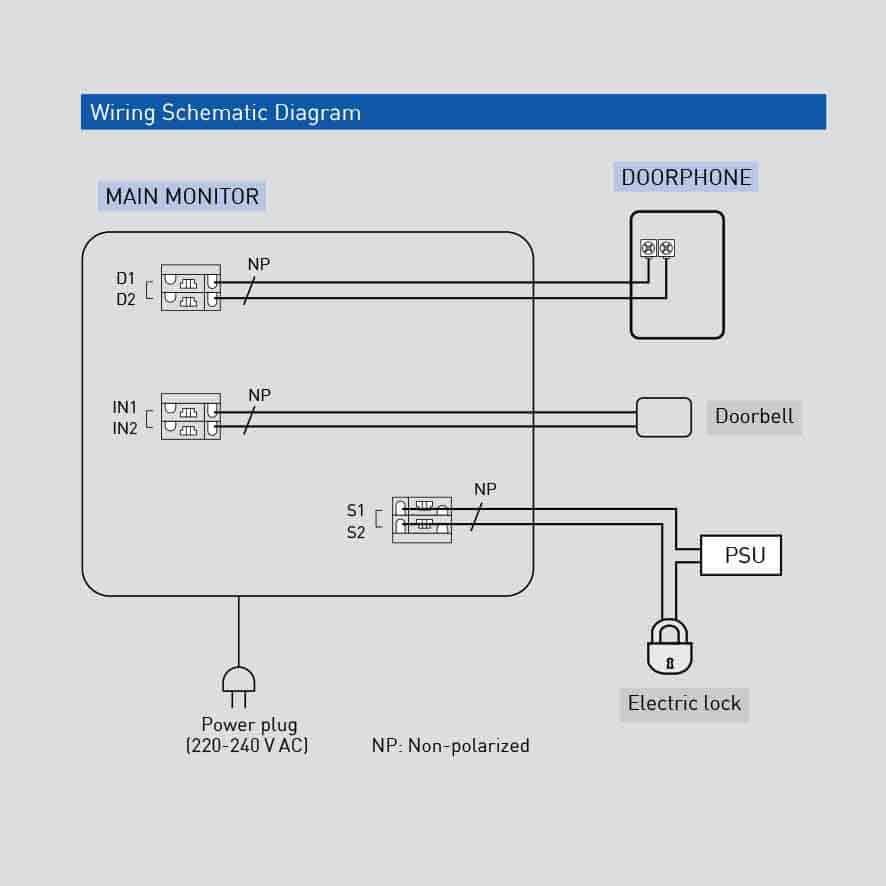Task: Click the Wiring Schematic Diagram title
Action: (225, 112)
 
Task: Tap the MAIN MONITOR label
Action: (182, 196)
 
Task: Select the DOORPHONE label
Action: (686, 178)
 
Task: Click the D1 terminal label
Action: (125, 278)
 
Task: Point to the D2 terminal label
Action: (125, 298)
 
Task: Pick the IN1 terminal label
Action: (125, 408)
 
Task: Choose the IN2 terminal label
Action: (125, 429)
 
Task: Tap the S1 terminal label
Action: (356, 511)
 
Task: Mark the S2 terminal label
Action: (356, 532)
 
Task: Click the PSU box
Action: (741, 555)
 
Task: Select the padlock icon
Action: (670, 647)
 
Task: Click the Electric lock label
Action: (684, 703)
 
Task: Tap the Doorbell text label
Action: (754, 416)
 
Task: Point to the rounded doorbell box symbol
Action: (664, 417)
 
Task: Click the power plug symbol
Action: (238, 684)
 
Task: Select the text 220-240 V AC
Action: (247, 746)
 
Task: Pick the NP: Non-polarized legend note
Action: (450, 745)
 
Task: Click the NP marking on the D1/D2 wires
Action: (259, 265)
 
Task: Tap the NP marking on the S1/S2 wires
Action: (485, 489)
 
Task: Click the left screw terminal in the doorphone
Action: (648, 247)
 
